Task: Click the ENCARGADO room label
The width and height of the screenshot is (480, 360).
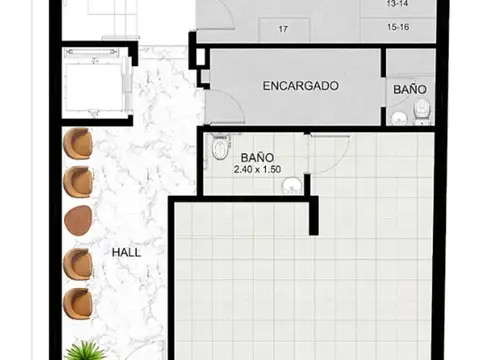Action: click(300, 86)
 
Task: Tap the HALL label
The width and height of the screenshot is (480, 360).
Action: click(126, 252)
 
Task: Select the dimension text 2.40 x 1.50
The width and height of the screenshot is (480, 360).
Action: click(257, 170)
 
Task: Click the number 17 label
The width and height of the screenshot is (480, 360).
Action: click(283, 29)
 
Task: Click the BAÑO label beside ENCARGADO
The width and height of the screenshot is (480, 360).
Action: click(410, 90)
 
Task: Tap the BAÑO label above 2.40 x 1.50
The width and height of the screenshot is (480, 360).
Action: click(257, 157)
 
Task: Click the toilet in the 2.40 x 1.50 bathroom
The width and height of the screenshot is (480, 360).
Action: click(221, 151)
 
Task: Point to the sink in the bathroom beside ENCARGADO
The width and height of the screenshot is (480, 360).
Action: click(400, 118)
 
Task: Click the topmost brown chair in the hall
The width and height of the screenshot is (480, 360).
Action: click(78, 145)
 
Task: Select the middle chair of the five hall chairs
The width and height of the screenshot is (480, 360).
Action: click(78, 220)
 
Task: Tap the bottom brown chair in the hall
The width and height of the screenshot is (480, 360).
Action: click(78, 300)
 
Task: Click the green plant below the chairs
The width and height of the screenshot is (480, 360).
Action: click(87, 350)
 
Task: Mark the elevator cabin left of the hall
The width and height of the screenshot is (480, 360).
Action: click(94, 82)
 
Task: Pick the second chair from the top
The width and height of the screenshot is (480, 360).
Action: click(78, 182)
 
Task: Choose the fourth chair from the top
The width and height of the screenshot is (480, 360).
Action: click(78, 262)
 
